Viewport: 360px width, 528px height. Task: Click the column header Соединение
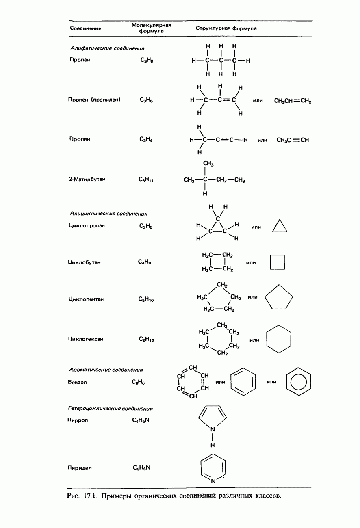pos(85,28)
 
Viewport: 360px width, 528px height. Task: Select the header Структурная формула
pos(226,28)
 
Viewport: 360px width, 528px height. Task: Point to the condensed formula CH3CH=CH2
pos(293,100)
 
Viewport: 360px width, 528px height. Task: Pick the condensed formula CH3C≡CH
pos(293,140)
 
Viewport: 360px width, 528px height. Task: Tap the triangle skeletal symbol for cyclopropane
pos(280,226)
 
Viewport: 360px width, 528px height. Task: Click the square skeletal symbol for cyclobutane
pos(278,262)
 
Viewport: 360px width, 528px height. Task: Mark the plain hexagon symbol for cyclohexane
pos(279,337)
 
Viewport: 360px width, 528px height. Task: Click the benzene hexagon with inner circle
pos(299,381)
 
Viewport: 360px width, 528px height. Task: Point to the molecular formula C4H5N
pos(141,420)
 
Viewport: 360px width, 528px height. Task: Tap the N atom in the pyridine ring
pos(213,481)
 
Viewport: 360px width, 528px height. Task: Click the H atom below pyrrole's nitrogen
pos(213,446)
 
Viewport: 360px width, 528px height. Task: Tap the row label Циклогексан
pos(85,339)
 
